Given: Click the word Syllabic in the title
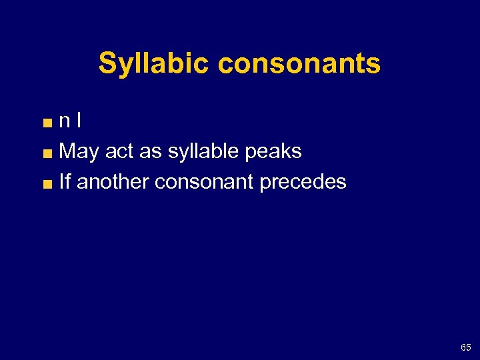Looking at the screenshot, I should (155, 64).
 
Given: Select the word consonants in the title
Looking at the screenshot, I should (299, 64).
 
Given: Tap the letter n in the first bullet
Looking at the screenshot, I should (65, 121).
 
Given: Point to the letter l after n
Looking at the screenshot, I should (79, 121).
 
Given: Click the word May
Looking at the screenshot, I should (79, 152).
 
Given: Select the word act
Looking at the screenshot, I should (119, 151).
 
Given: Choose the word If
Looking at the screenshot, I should (65, 181).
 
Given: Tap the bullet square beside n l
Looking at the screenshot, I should (49, 123).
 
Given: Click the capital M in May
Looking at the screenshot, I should (67, 151).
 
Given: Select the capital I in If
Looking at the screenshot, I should (61, 181).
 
